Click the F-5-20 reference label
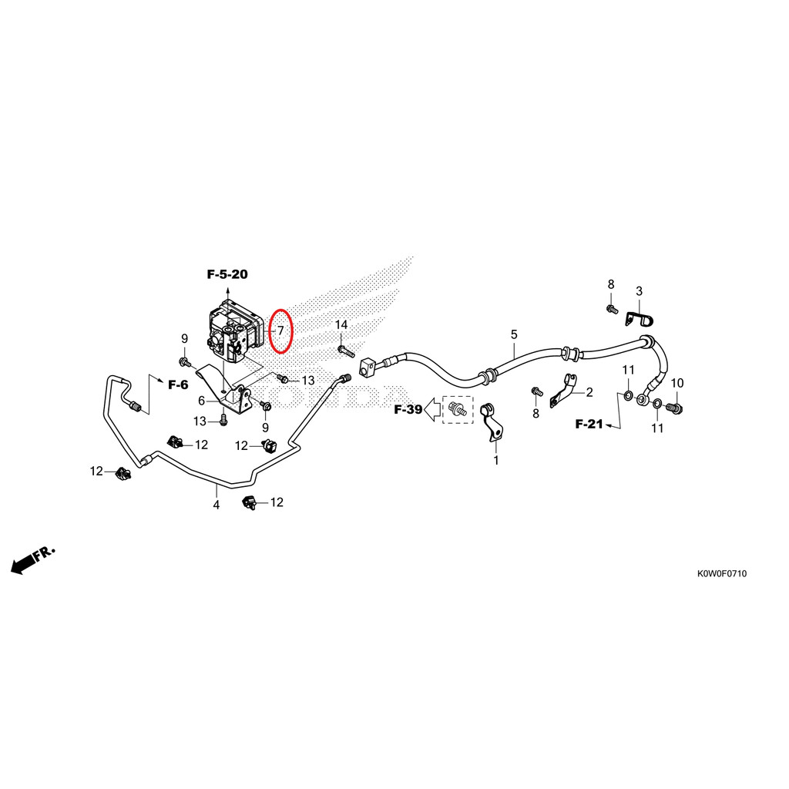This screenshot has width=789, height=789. click(227, 274)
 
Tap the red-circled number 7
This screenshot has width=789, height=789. click(280, 331)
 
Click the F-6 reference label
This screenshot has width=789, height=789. click(178, 385)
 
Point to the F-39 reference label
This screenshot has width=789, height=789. click(408, 410)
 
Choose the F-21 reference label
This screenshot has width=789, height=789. click(589, 425)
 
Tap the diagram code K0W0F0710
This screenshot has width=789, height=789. click(721, 573)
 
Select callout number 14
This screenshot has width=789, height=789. click(341, 325)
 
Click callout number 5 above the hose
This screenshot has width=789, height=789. click(514, 334)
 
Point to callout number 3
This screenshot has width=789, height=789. click(639, 290)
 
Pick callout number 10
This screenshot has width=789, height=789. click(677, 383)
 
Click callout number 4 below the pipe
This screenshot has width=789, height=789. click(217, 505)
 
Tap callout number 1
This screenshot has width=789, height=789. click(496, 461)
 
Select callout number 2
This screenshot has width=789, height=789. click(589, 392)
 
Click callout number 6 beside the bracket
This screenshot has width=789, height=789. click(202, 401)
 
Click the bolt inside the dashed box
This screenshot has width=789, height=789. click(458, 409)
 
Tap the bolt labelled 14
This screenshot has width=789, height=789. click(346, 351)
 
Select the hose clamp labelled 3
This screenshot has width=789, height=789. click(638, 318)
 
